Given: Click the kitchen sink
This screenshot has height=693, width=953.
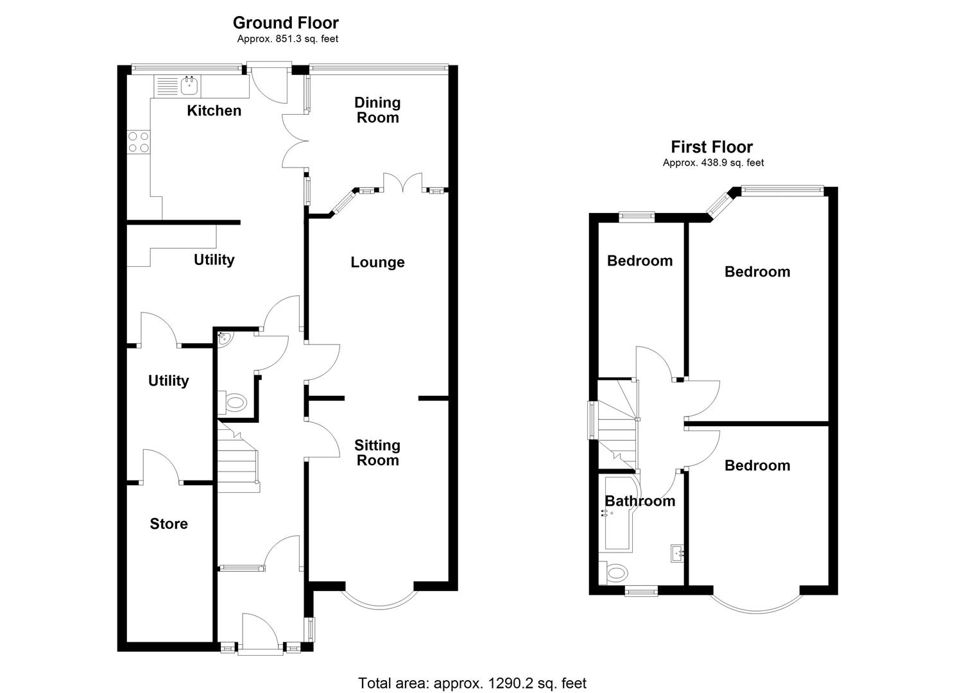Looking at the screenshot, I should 189,85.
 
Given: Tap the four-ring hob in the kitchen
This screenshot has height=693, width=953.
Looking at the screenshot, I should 138,142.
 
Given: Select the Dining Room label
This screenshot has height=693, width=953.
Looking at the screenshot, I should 377,110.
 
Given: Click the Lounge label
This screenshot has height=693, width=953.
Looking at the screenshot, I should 377,262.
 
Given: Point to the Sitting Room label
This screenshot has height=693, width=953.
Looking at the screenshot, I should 377,452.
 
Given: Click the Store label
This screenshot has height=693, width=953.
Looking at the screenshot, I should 169,524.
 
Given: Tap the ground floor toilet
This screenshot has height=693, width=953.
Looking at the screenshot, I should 235,403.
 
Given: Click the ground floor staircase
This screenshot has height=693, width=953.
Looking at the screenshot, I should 238,459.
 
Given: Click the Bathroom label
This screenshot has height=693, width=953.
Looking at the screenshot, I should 640,501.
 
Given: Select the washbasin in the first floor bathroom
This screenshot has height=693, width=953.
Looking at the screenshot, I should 676,552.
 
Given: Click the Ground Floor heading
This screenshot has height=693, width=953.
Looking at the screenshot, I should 286,22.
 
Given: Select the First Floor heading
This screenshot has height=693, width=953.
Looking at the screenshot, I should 712,147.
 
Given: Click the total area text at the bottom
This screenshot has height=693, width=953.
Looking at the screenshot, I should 472,683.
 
